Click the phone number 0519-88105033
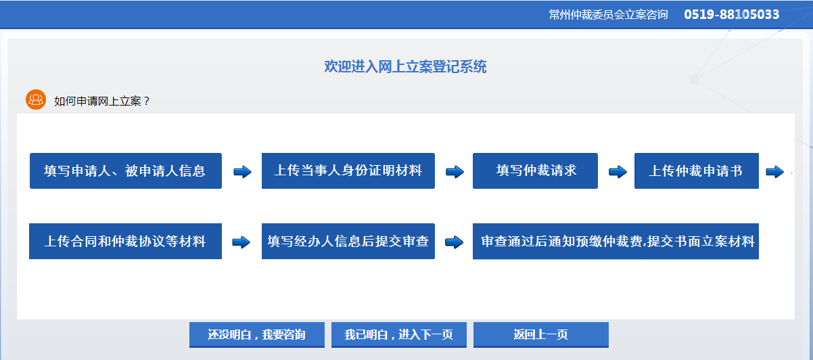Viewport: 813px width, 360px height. click(731, 14)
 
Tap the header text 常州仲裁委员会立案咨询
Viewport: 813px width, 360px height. click(608, 14)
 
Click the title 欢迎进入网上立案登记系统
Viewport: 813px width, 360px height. click(405, 66)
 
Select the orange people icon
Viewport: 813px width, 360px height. click(36, 99)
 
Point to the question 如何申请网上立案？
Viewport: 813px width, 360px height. click(102, 101)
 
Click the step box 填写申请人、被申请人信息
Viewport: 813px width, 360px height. click(126, 171)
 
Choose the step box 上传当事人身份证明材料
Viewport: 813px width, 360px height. click(348, 171)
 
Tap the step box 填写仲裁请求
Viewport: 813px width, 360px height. click(535, 171)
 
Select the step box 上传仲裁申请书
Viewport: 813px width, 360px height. click(697, 171)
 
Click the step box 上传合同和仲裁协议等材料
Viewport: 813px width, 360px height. click(125, 241)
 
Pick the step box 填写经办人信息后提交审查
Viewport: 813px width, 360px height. click(348, 241)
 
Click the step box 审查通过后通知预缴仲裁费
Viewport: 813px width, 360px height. click(615, 241)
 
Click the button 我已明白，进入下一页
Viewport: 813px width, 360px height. click(399, 334)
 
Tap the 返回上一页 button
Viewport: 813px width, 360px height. click(541, 334)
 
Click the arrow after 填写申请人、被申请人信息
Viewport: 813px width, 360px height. click(242, 171)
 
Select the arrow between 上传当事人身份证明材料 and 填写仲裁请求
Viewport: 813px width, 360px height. click(455, 171)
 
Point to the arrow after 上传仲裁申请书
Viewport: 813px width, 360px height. click(775, 171)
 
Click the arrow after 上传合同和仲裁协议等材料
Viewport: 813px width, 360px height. click(241, 242)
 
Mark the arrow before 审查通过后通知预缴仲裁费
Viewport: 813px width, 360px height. click(455, 242)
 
